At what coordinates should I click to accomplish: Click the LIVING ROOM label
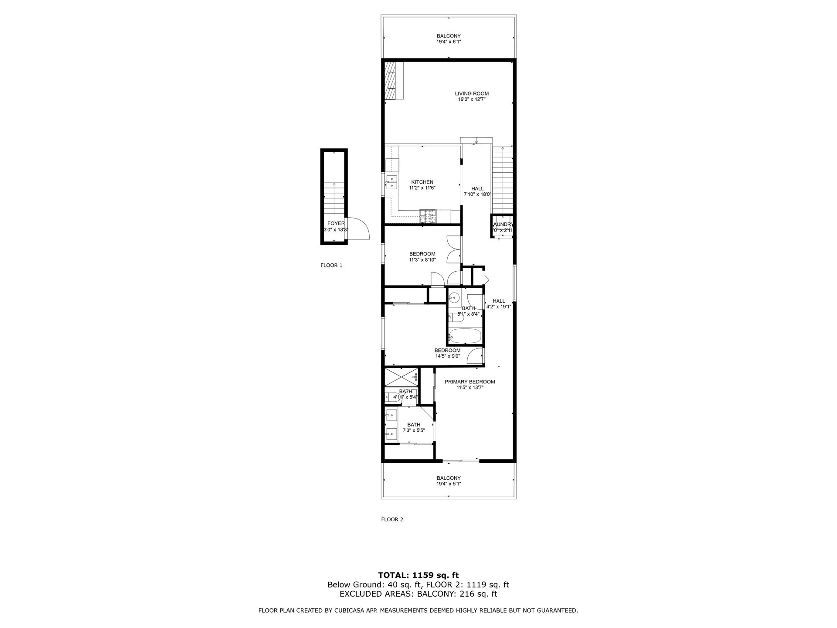[472, 93]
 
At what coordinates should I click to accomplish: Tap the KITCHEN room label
[422, 182]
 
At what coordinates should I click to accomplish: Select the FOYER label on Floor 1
[336, 223]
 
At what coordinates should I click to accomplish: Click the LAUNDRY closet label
[502, 224]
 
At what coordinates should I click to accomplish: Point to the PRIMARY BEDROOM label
[470, 382]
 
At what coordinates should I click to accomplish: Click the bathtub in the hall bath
[465, 336]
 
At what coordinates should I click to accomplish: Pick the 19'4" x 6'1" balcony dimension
[449, 42]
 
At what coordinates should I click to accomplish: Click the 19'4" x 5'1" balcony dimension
[449, 484]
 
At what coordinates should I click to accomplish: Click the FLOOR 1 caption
[331, 265]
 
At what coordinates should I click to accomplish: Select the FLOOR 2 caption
[392, 519]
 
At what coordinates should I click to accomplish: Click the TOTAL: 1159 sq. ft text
[418, 575]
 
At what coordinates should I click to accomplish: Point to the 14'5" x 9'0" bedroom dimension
[447, 356]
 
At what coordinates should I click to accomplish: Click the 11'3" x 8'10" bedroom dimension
[422, 260]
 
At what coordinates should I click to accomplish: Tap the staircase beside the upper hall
[502, 179]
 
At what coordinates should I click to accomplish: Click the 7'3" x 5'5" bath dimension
[413, 430]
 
